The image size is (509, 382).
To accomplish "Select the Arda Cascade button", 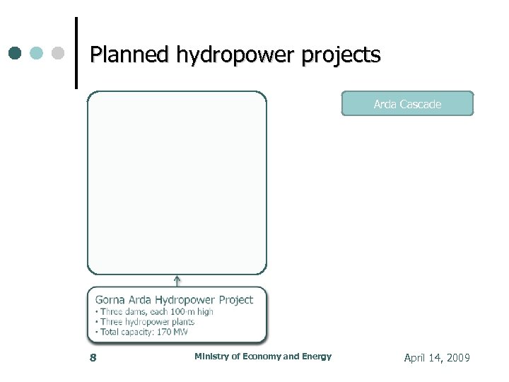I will [x=407, y=104].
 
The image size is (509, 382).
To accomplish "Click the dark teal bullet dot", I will [x=15, y=54].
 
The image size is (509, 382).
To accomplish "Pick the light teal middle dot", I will [x=36, y=54].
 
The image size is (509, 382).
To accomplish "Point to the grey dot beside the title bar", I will [x=58, y=54].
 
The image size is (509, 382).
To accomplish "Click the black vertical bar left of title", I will [x=76, y=53].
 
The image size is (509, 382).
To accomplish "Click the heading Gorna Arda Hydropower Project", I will [x=174, y=300].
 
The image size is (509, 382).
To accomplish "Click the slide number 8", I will [x=93, y=358].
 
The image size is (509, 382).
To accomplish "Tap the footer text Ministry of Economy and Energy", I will [x=262, y=357].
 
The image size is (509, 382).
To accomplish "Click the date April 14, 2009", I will [x=436, y=358].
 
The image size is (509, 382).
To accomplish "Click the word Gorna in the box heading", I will [x=110, y=300].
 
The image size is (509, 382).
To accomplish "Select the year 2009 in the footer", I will [x=458, y=358].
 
